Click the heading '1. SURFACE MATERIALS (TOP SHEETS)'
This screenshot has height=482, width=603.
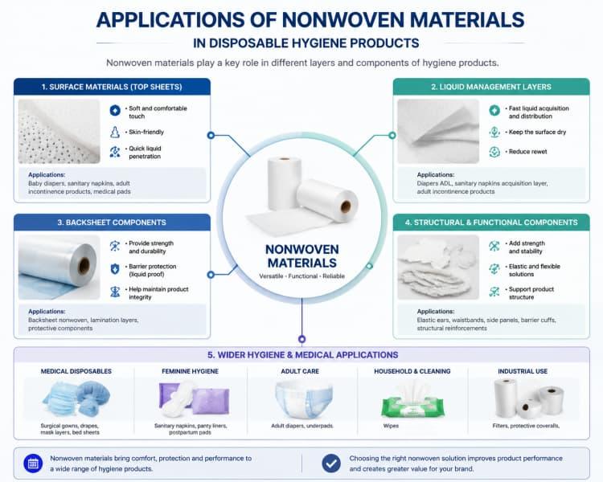pyautogui.click(x=112, y=87)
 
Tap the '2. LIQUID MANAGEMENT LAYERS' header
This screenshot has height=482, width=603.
pyautogui.click(x=491, y=87)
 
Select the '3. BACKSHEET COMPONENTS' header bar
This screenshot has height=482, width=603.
pyautogui.click(x=112, y=223)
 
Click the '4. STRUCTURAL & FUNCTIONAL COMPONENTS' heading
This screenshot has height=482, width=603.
pyautogui.click(x=491, y=223)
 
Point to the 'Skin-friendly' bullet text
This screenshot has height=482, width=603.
pyautogui.click(x=146, y=132)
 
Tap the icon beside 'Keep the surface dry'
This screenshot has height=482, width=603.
pyautogui.click(x=494, y=133)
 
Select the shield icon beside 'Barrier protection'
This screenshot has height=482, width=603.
pyautogui.click(x=115, y=269)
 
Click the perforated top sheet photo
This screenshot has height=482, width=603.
pyautogui.click(x=59, y=132)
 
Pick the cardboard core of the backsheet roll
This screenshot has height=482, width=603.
pyautogui.click(x=84, y=265)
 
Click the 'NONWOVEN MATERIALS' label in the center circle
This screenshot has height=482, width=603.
pyautogui.click(x=302, y=256)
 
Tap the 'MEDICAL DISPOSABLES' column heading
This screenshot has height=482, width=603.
pyautogui.click(x=76, y=371)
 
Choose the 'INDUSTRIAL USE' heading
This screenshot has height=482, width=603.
pyautogui.click(x=523, y=371)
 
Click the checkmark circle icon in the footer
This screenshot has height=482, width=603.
pyautogui.click(x=331, y=464)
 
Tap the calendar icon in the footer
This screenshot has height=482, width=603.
pyautogui.click(x=33, y=464)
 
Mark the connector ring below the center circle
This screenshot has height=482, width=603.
pyautogui.click(x=301, y=339)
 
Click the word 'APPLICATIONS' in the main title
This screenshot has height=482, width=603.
pyautogui.click(x=170, y=19)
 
